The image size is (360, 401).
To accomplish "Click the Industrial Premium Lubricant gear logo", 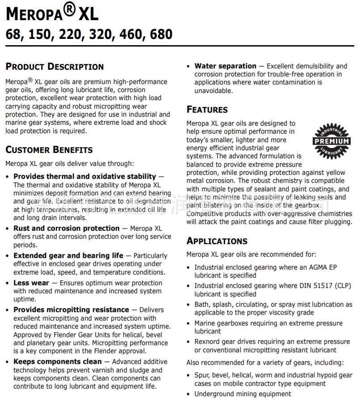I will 331,141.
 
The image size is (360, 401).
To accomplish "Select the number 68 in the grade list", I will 14,34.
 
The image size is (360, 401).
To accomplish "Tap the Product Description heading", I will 54,67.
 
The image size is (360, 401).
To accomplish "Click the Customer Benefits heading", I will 49,150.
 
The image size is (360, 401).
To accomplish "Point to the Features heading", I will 207,110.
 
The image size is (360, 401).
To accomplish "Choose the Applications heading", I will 217,241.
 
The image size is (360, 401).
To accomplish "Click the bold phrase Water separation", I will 225,66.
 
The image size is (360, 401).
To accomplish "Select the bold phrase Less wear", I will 31,283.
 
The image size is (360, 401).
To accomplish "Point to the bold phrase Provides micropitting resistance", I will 71,310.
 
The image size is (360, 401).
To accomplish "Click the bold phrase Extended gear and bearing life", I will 68,256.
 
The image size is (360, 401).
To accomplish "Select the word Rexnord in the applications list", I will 208,342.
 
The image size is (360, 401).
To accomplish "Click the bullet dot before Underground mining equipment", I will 189,394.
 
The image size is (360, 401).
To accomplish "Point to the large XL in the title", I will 88,14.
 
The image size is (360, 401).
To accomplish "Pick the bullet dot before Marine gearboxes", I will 189,323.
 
